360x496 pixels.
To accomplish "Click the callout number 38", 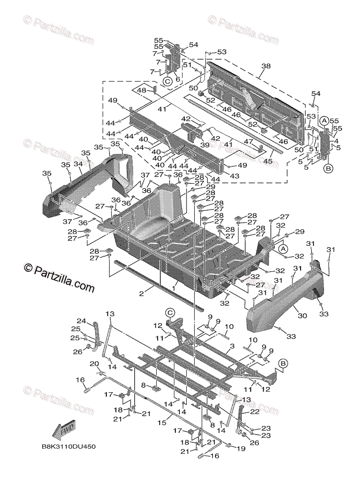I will (266, 66).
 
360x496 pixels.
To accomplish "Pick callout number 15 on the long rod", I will (162, 422).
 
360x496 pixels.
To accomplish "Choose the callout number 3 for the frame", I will (232, 346).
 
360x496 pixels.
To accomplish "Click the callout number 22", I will (255, 412).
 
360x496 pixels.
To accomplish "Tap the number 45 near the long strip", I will (268, 161).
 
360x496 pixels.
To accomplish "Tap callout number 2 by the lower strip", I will (141, 293).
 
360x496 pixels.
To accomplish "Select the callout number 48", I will (141, 91).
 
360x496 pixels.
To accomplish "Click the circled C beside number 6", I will (167, 81).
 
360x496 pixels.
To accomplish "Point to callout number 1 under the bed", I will (174, 285).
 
